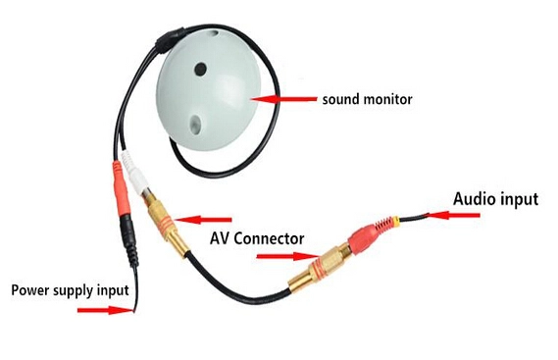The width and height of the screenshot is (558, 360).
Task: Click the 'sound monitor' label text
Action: pyautogui.click(x=367, y=99)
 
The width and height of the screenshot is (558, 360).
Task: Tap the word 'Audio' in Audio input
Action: pyautogui.click(x=473, y=199)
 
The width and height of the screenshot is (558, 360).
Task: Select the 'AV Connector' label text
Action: pyautogui.click(x=257, y=238)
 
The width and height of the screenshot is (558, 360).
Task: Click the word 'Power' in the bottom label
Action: pyautogui.click(x=29, y=289)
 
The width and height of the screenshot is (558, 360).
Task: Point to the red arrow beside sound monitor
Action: pyautogui.click(x=283, y=99)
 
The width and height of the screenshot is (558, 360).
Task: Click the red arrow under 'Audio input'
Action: pyautogui.click(x=453, y=215)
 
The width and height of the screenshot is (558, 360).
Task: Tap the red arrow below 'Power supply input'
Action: pyautogui.click(x=106, y=310)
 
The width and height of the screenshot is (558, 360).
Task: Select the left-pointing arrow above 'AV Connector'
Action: pyautogui.click(x=202, y=220)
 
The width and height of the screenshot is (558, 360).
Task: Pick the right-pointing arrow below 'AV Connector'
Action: pyautogui.click(x=287, y=256)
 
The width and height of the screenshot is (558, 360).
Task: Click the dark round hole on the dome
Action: pyautogui.click(x=200, y=69)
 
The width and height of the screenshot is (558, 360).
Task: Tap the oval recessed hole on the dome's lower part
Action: pyautogui.click(x=195, y=125)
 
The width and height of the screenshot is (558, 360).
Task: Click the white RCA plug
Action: pyautogui.click(x=133, y=173)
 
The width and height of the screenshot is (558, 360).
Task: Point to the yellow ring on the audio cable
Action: pyautogui.click(x=396, y=221)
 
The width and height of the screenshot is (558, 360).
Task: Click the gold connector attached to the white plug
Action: pyautogui.click(x=166, y=223)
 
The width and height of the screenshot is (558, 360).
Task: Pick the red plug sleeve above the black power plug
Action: pyautogui.click(x=121, y=189)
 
